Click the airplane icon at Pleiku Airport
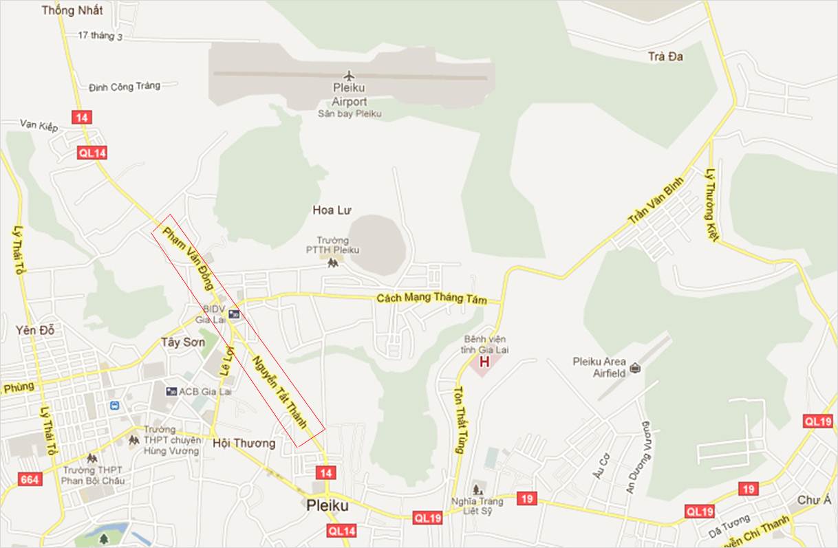[349, 75]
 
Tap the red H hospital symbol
[484, 362]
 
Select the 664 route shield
[30, 479]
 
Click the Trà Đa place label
[665, 56]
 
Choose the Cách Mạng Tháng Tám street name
[431, 300]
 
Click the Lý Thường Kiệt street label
[712, 205]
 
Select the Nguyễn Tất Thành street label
[279, 392]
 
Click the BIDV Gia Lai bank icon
[234, 314]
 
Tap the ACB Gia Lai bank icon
[171, 391]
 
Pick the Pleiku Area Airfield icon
[634, 367]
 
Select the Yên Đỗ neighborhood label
[35, 331]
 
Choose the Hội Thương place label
[244, 443]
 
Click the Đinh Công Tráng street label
[125, 87]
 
